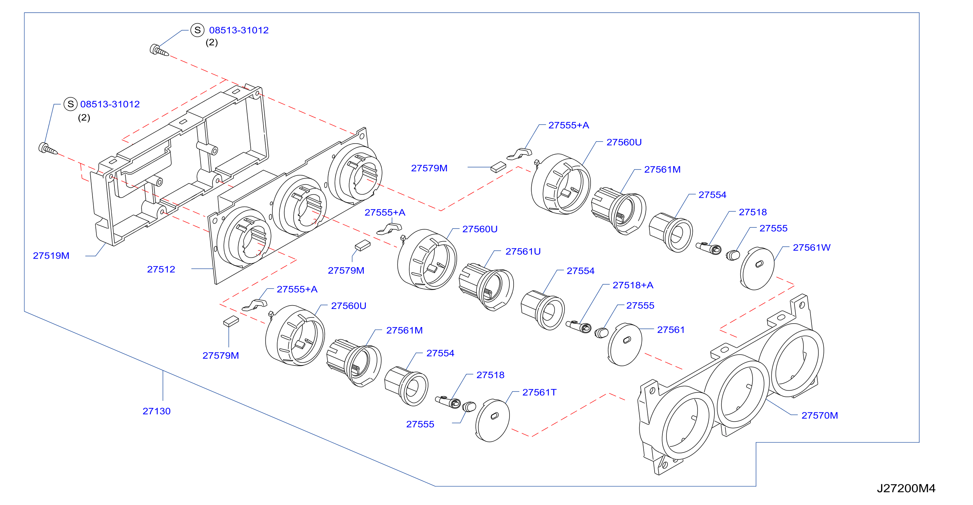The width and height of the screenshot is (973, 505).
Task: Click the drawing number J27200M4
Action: pyautogui.click(x=906, y=488)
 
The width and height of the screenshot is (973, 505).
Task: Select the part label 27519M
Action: pyautogui.click(x=51, y=256)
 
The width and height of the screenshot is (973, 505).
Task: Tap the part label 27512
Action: pyautogui.click(x=161, y=269)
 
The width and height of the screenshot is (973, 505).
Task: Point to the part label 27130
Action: pyautogui.click(x=156, y=411)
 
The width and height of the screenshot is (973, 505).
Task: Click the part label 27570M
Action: pyautogui.click(x=820, y=415)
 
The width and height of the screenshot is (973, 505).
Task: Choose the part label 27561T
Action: pyautogui.click(x=539, y=392)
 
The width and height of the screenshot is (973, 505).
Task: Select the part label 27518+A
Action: pyautogui.click(x=633, y=285)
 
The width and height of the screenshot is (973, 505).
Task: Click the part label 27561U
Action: pyautogui.click(x=523, y=251)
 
